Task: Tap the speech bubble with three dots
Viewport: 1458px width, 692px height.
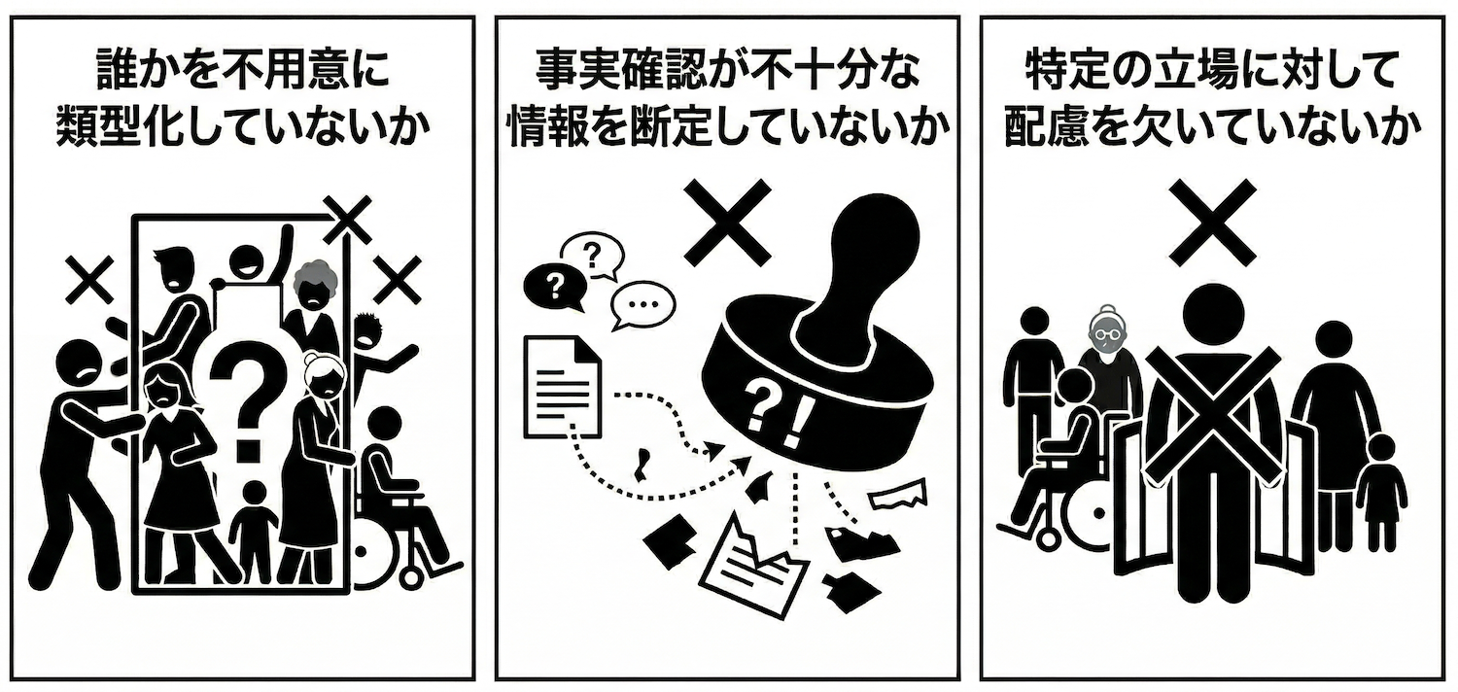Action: [x=642, y=305]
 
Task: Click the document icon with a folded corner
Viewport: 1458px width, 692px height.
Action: [x=563, y=386]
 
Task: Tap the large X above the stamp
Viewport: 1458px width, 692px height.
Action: [x=727, y=222]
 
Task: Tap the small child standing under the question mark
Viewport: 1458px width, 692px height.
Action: [x=254, y=532]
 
